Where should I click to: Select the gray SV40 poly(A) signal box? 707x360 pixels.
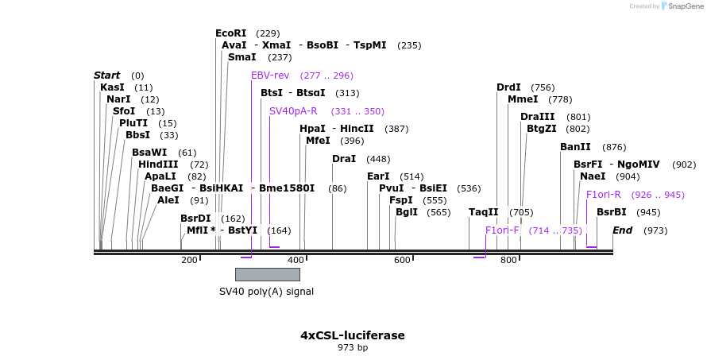point(268,274)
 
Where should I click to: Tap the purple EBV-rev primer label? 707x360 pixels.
point(270,75)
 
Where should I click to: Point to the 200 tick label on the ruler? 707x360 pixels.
point(189,260)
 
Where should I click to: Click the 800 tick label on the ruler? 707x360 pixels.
point(508,260)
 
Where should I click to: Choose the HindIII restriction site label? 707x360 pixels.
point(158,165)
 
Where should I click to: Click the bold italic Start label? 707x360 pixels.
point(107,75)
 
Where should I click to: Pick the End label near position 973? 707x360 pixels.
point(623,230)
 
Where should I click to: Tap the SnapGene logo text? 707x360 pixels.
point(687,6)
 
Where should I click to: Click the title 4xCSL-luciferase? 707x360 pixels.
point(353,335)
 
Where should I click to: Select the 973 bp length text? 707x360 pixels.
point(353,347)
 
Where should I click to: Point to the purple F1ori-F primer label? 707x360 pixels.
point(502,230)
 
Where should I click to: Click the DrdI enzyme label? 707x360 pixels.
point(508,87)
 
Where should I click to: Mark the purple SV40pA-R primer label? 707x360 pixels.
point(293,111)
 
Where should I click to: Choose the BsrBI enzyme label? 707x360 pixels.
point(612,212)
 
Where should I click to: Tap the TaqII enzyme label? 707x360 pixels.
point(484,212)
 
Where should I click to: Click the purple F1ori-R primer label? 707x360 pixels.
point(604,195)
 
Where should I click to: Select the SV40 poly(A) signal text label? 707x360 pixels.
point(266,292)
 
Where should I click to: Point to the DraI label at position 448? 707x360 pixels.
point(344,159)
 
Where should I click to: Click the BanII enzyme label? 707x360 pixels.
point(575,147)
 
